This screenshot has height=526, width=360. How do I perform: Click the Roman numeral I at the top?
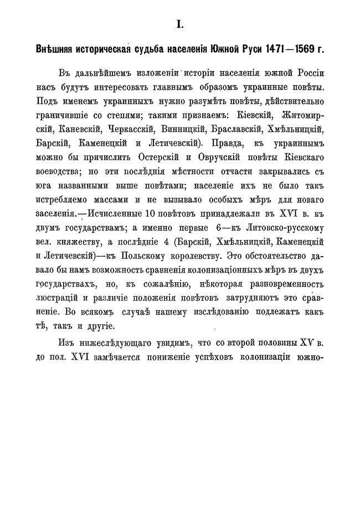[x=179, y=23]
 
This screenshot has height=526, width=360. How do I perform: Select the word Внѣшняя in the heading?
[x=54, y=49]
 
